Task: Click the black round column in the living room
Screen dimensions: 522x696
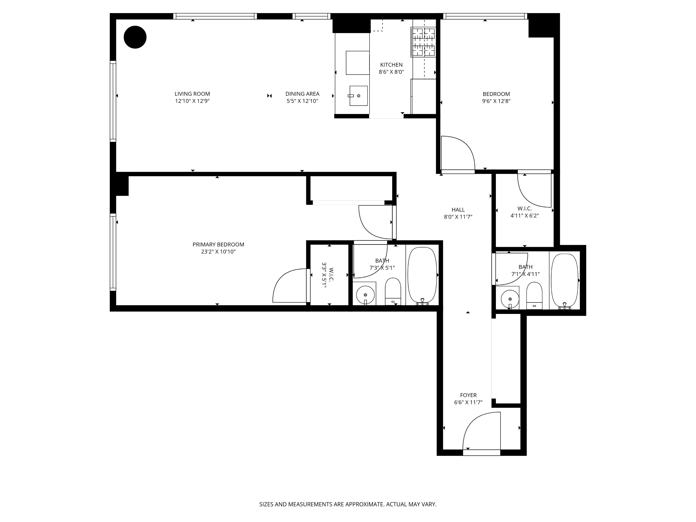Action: pos(135,37)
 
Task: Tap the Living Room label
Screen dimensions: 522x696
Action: pos(192,94)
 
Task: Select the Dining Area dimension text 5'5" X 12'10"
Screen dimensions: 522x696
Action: pos(302,101)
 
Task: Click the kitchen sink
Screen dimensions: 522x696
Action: pos(358,96)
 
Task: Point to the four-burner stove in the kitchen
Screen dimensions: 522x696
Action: pos(423,42)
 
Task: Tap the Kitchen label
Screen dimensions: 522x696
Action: pos(391,65)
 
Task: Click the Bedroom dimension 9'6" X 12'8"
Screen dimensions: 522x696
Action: pos(496,101)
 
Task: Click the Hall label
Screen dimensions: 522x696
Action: pos(458,210)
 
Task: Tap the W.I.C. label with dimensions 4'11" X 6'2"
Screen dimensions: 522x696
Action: pos(524,212)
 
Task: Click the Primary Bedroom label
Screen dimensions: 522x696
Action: pos(218,245)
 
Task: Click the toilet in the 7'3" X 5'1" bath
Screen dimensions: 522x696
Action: pos(393,291)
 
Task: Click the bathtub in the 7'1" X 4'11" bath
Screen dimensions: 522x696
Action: pos(565,280)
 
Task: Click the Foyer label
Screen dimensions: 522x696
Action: pos(468,395)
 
